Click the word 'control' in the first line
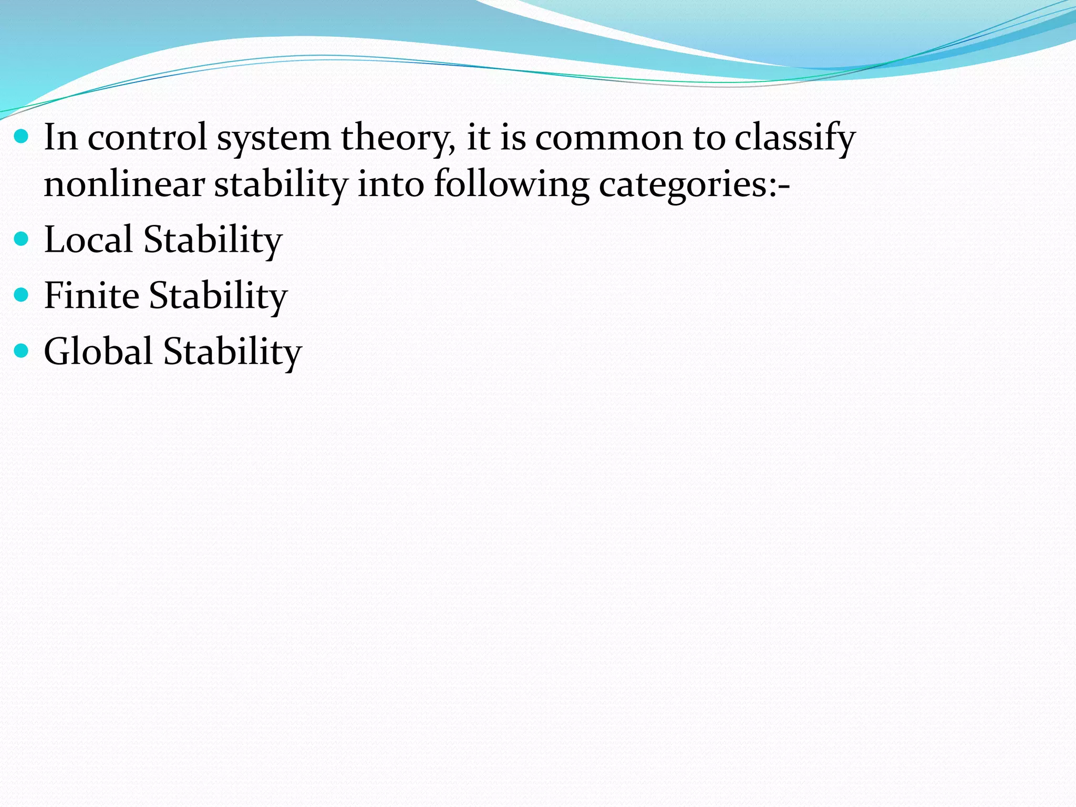pyautogui.click(x=147, y=138)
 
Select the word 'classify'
pyautogui.click(x=794, y=138)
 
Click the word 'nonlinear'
pyautogui.click(x=124, y=185)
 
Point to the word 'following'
pyautogui.click(x=511, y=185)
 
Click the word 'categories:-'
pyautogui.click(x=694, y=185)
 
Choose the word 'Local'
pyautogui.click(x=88, y=240)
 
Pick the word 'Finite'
pyautogui.click(x=91, y=295)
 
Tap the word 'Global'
pyautogui.click(x=98, y=351)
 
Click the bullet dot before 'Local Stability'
pyautogui.click(x=21, y=240)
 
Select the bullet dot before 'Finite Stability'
pyautogui.click(x=21, y=295)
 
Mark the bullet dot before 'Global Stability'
pyautogui.click(x=21, y=351)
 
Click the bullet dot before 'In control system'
pyautogui.click(x=21, y=138)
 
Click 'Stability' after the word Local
pyautogui.click(x=213, y=240)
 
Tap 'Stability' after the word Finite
pyautogui.click(x=218, y=295)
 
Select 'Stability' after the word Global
pyautogui.click(x=232, y=351)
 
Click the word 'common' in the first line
pyautogui.click(x=608, y=138)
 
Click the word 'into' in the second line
pyautogui.click(x=390, y=185)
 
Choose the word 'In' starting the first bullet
pyautogui.click(x=60, y=138)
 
